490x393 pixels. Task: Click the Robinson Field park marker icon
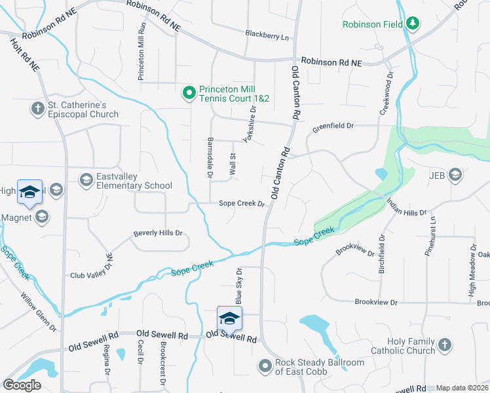point(412,24)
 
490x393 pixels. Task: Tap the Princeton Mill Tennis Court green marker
point(189,93)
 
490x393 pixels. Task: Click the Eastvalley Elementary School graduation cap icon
point(86,179)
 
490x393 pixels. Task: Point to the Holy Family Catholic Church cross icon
point(444,345)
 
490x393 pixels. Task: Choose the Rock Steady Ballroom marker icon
point(265,365)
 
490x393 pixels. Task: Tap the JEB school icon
point(455,175)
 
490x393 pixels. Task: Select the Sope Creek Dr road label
point(241,204)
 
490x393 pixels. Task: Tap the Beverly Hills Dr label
point(158,233)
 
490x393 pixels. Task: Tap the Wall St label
point(232,164)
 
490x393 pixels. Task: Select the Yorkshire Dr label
point(248,124)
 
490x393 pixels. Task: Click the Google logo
point(22,385)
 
